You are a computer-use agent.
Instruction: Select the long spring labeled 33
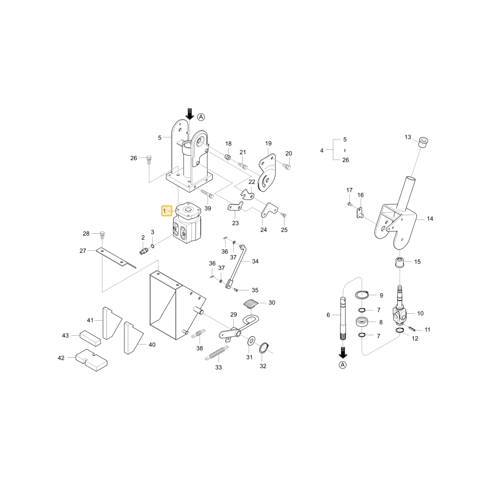[217, 353]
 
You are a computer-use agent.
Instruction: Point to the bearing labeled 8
[362, 322]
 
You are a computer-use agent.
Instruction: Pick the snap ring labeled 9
[362, 294]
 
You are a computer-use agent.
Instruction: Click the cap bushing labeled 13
[423, 142]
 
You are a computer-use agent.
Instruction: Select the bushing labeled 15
[400, 262]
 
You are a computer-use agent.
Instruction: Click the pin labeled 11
[413, 328]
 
